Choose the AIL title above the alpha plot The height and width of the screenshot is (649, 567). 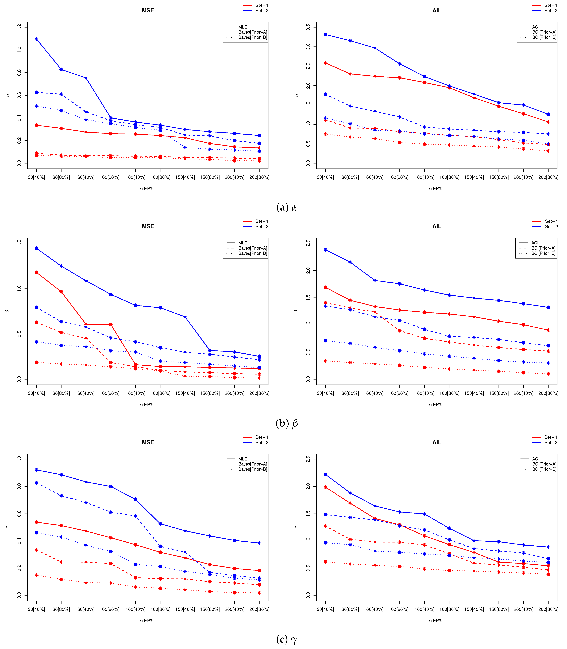(x=437, y=10)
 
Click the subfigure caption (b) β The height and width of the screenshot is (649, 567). (x=287, y=423)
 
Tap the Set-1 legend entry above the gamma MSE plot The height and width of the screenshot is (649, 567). (x=256, y=437)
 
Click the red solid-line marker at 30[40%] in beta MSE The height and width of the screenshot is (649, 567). (x=36, y=272)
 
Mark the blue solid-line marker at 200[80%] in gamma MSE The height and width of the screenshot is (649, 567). (x=259, y=543)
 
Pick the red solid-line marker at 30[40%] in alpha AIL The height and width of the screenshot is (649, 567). (x=325, y=63)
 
